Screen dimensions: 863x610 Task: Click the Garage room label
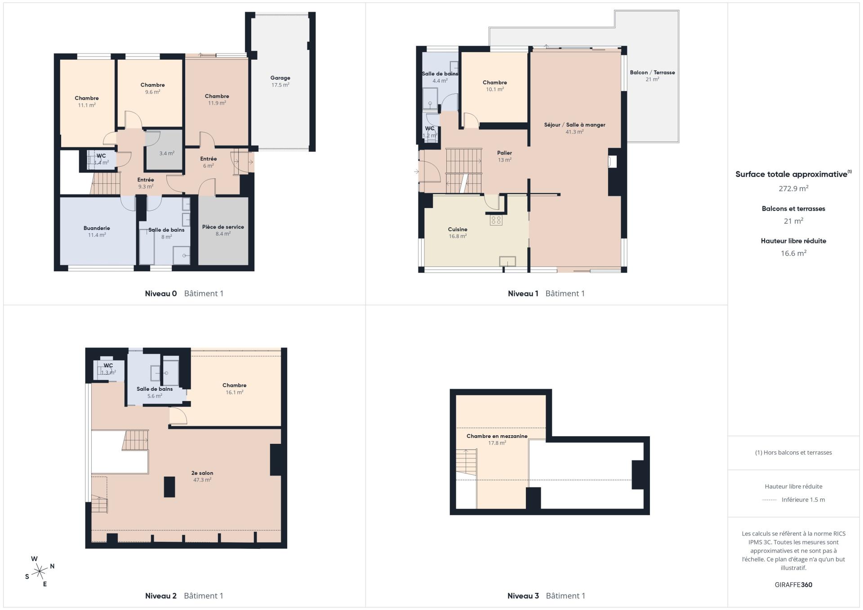[x=280, y=78]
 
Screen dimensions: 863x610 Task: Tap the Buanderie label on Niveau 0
[x=97, y=228]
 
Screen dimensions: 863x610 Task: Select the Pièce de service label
[x=223, y=227]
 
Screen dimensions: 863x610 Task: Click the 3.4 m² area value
[x=167, y=153]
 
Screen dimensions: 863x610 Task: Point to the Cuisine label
[x=458, y=229]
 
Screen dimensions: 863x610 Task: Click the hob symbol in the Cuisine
[x=496, y=220]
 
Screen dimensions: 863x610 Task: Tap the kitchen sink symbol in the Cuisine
[x=507, y=261]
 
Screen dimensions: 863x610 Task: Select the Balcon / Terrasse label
[x=652, y=72]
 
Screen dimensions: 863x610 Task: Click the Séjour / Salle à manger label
[x=574, y=125]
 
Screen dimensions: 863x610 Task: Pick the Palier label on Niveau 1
[x=504, y=153]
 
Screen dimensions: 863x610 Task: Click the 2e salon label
[x=202, y=473]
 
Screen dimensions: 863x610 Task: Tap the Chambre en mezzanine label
[x=497, y=436]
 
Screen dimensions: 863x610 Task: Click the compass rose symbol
[x=40, y=571]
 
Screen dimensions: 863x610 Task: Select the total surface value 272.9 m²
[x=793, y=189]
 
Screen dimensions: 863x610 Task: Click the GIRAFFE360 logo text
[x=793, y=585]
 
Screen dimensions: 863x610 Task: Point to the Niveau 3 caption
[x=523, y=596]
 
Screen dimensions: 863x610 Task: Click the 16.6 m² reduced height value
[x=793, y=253]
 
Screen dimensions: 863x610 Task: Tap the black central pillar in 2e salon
[x=169, y=487]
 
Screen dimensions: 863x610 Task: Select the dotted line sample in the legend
[x=770, y=500]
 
